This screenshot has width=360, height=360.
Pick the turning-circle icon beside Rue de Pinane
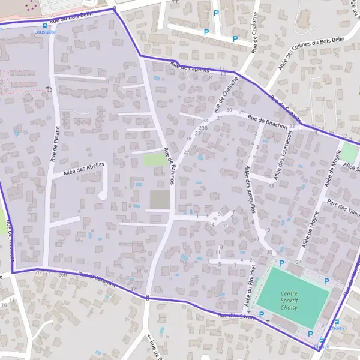tap(49, 90)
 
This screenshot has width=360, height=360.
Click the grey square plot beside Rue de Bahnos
tap(159, 200)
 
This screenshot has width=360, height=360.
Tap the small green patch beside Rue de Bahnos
tap(155, 160)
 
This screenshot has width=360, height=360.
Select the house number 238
tap(203, 128)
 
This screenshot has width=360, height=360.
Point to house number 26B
tap(62, 275)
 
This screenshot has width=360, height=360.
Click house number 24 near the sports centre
tap(298, 262)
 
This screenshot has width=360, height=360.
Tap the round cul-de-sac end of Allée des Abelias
tap(103, 195)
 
